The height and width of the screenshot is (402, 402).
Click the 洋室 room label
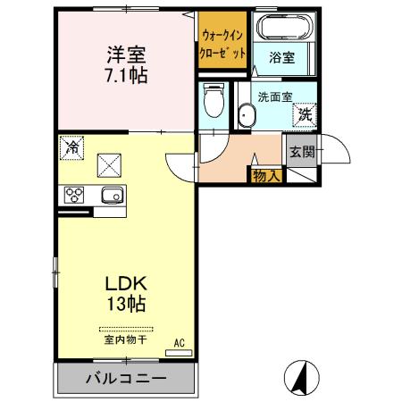pyautogui.click(x=124, y=54)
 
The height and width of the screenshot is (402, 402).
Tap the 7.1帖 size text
pyautogui.click(x=124, y=75)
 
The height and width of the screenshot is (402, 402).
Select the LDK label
pyautogui.click(x=124, y=283)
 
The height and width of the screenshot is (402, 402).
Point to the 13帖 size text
pyautogui.click(x=124, y=304)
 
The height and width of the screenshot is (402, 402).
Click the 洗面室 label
pyautogui.click(x=273, y=96)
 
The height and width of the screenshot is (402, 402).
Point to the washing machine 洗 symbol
pyautogui.click(x=305, y=113)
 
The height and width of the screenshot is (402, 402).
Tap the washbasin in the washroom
pyautogui.click(x=247, y=114)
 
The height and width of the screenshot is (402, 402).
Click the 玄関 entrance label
pyautogui.click(x=301, y=152)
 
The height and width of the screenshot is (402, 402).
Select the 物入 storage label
pyautogui.click(x=266, y=175)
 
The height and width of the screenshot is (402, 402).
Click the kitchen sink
pyautogui.click(x=111, y=196)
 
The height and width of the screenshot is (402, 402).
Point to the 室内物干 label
pyautogui.click(x=125, y=340)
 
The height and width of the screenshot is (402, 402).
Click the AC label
pyautogui.click(x=178, y=342)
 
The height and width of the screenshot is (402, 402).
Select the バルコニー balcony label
pyautogui.click(x=125, y=379)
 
